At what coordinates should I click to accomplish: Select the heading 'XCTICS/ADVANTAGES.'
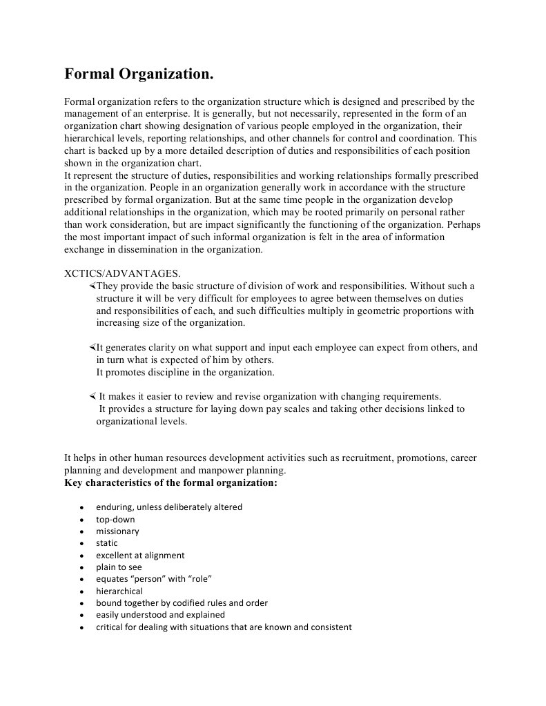coord(123,273)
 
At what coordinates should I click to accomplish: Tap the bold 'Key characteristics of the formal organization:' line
coord(170,482)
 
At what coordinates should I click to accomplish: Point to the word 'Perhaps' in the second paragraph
coord(463,224)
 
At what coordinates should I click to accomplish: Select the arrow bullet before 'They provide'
coord(92,285)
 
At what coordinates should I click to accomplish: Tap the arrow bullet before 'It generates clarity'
coord(92,347)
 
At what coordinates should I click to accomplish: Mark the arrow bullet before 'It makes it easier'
coord(92,396)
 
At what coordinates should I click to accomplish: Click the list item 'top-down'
coord(115,519)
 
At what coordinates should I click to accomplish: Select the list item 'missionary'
coord(117,531)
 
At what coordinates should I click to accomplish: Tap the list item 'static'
coord(107,543)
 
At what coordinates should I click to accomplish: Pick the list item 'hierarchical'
coord(119,591)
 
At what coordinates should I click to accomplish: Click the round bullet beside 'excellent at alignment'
coord(81,556)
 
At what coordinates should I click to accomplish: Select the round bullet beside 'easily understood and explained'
coord(81,615)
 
